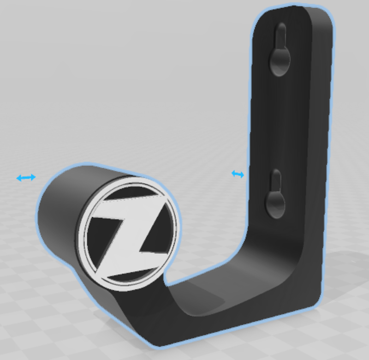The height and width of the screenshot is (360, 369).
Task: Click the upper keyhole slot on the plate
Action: point(280,51)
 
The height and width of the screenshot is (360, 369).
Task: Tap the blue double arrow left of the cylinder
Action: point(26,177)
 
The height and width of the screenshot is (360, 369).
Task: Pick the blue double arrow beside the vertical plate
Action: point(238,174)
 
